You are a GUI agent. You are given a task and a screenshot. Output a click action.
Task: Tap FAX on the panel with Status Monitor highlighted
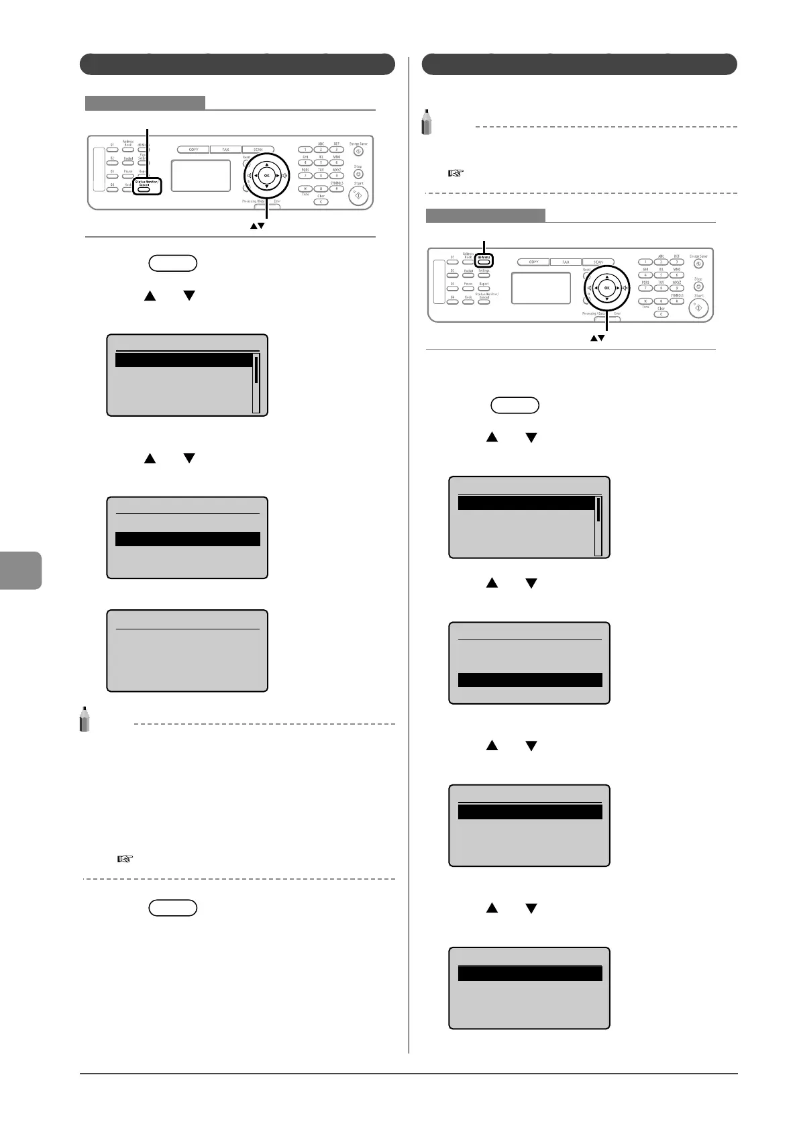(x=225, y=150)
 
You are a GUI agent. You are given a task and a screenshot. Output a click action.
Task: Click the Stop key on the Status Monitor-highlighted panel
(x=358, y=174)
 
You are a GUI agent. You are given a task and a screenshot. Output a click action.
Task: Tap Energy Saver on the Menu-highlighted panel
(x=698, y=264)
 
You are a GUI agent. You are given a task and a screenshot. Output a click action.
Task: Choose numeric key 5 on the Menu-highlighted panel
(x=661, y=275)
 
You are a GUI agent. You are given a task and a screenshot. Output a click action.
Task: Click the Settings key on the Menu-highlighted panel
(x=484, y=275)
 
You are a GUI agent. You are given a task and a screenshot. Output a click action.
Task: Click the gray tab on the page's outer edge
(x=20, y=570)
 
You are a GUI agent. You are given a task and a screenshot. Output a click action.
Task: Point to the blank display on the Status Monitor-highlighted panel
(x=201, y=175)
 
